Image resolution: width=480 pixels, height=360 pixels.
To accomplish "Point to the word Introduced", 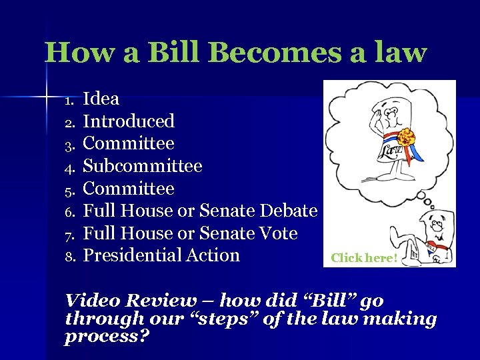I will click(129, 121).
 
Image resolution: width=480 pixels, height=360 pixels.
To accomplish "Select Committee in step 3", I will click(129, 144).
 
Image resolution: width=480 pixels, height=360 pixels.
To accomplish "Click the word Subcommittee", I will click(142, 166).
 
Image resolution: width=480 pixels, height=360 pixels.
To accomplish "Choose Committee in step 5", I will click(129, 189).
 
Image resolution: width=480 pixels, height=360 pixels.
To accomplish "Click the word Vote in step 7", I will click(277, 233).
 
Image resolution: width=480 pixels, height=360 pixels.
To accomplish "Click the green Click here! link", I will click(364, 257).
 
